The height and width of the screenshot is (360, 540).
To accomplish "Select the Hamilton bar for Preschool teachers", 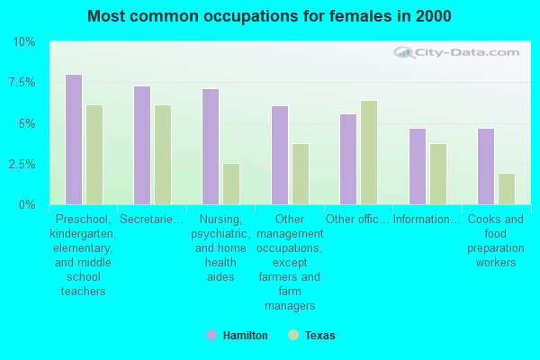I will (74, 139).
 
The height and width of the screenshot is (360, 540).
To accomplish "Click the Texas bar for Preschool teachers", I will (94, 155).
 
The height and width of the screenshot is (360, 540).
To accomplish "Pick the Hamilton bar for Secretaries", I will (142, 145).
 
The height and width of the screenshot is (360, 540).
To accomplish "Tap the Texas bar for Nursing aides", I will (231, 184).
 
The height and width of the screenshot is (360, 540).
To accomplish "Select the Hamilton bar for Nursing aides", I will (211, 147).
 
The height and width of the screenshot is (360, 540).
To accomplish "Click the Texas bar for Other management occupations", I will (301, 174).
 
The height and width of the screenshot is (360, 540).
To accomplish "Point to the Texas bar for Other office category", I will (369, 152).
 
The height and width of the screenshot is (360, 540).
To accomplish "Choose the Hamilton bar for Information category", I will (417, 166).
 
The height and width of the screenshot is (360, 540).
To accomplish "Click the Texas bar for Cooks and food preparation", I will (507, 189).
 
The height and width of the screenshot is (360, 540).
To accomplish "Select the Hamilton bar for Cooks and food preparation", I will (486, 166).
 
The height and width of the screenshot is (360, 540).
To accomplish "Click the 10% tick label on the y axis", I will (24, 42).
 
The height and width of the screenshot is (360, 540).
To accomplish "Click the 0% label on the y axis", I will (27, 205).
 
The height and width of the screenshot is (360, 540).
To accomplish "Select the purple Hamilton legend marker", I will (211, 335).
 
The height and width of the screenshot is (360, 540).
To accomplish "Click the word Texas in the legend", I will (319, 336).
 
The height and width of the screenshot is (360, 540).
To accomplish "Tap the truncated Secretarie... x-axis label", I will (152, 219).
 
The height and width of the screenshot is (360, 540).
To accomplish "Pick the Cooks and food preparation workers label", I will (496, 240).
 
